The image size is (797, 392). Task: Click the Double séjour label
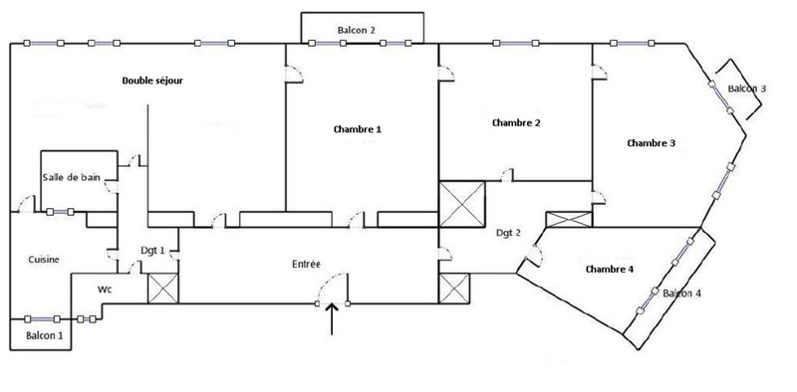(x=152, y=81)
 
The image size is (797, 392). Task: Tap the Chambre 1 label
(x=358, y=129)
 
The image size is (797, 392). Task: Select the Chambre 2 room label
(x=516, y=123)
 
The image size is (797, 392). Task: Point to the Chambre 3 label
(x=652, y=143)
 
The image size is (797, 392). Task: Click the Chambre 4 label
(x=610, y=269)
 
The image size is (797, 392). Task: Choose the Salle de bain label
(x=71, y=178)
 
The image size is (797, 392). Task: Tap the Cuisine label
(x=44, y=260)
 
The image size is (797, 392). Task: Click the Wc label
(x=105, y=290)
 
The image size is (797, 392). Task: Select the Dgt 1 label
(x=152, y=251)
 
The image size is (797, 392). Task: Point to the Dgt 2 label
(x=508, y=233)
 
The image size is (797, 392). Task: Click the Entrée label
(x=306, y=264)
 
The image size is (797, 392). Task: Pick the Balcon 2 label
(x=357, y=31)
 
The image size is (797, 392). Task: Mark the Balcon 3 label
(x=746, y=89)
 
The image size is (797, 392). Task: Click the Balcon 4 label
(x=682, y=294)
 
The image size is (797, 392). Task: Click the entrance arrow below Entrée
(x=332, y=319)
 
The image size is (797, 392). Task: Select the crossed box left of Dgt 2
(x=462, y=204)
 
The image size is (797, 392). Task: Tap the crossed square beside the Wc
(x=163, y=289)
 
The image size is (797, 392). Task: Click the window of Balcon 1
(x=42, y=319)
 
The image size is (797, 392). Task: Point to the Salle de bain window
(x=60, y=212)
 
